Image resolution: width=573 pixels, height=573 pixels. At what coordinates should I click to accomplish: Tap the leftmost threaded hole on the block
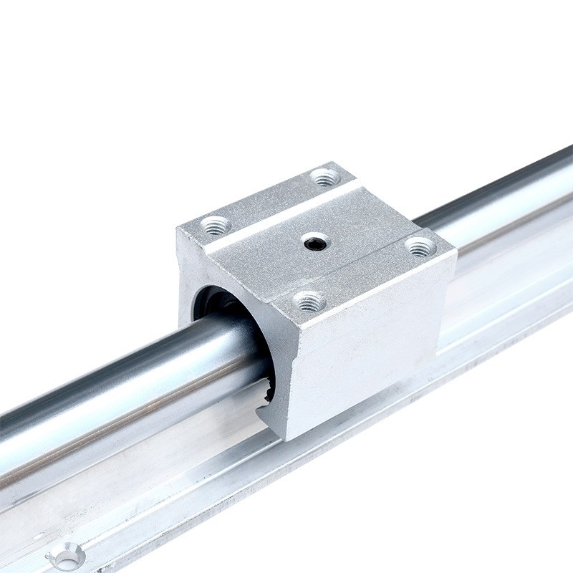[x=215, y=226]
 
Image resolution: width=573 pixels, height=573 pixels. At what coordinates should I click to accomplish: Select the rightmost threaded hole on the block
[x=420, y=247]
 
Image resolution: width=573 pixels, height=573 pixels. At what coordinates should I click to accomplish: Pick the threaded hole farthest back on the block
[x=326, y=177]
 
